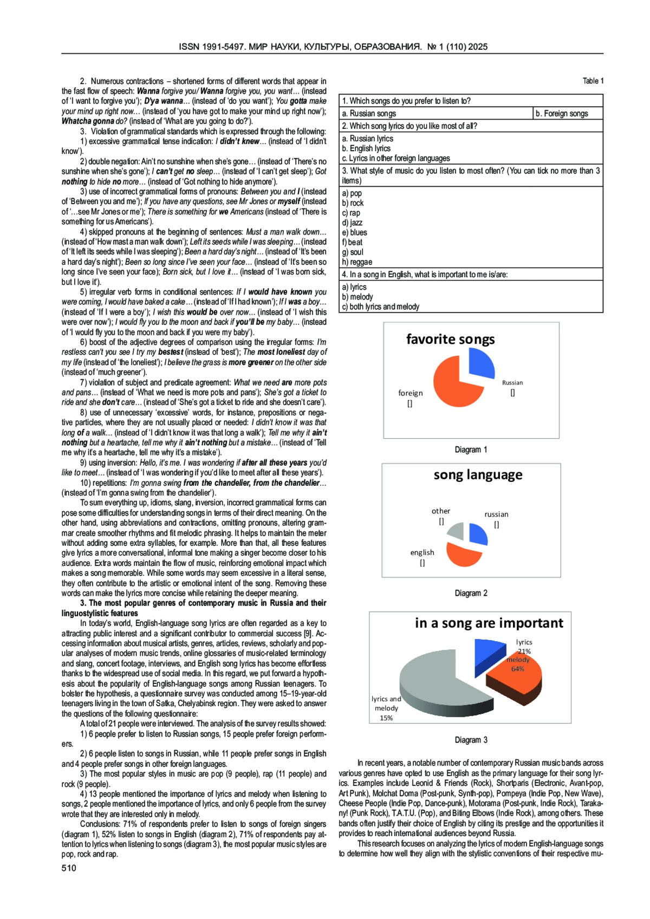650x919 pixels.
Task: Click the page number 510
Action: [69, 868]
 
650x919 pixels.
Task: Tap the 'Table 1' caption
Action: [593, 81]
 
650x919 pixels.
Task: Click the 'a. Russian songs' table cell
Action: [369, 114]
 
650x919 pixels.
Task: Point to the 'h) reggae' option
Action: [357, 262]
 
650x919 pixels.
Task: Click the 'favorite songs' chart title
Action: [450, 340]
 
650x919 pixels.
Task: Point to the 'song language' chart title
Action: [478, 475]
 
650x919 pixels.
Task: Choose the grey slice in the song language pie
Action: [457, 531]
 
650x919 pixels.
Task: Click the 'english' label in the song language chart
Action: [422, 553]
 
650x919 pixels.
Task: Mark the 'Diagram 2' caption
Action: [471, 594]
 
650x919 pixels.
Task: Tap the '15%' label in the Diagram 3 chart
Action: [386, 718]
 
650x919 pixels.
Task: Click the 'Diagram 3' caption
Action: [471, 740]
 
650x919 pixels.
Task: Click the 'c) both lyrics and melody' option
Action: [380, 307]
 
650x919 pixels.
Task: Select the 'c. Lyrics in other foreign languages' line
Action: [395, 159]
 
